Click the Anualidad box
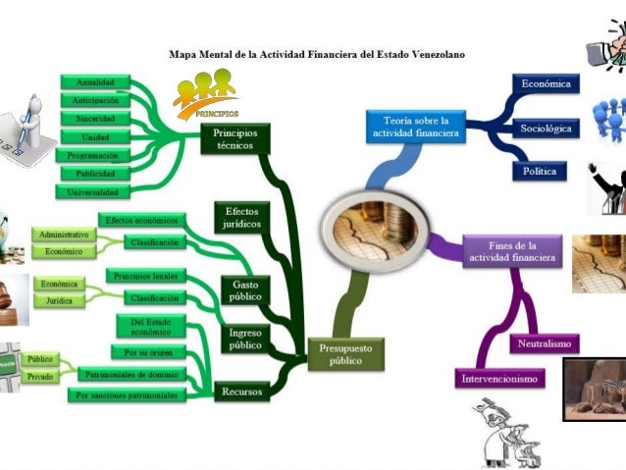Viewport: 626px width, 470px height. [96, 82]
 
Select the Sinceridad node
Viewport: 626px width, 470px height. [96, 119]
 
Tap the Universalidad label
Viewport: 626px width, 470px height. [96, 192]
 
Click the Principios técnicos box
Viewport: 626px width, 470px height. [235, 139]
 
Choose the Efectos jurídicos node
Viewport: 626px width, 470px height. [241, 217]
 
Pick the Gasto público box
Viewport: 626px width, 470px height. [245, 290]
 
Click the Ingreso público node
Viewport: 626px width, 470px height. [245, 339]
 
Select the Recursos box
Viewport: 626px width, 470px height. [241, 392]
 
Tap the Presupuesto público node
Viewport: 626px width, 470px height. [345, 354]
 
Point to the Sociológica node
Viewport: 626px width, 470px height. [546, 128]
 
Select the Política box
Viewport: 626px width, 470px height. [539, 171]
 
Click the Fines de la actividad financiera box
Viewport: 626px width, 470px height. [512, 251]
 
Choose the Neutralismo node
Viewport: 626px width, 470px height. [546, 343]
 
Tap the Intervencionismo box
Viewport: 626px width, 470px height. [500, 378]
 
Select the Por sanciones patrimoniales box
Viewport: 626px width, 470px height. [128, 395]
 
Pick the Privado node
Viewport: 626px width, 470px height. [40, 376]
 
